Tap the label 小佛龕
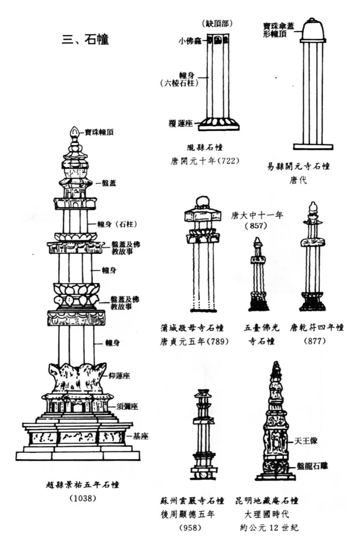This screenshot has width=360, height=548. coord(188,41)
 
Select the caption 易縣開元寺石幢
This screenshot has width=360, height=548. coord(299,166)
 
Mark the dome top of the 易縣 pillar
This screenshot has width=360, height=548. coord(313,29)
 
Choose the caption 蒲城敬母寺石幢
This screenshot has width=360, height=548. coord(193,328)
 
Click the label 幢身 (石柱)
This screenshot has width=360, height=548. coord(117,224)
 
